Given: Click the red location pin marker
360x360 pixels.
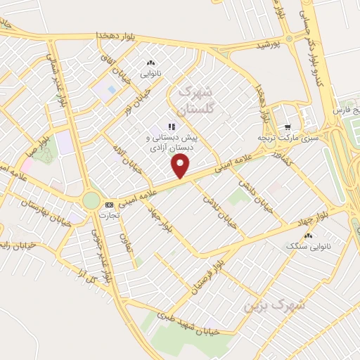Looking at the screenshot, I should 181,166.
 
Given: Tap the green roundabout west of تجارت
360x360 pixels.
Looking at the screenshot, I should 91,200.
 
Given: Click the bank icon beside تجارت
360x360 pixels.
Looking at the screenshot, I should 108,205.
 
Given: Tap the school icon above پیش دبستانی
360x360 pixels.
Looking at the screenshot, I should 171,127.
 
